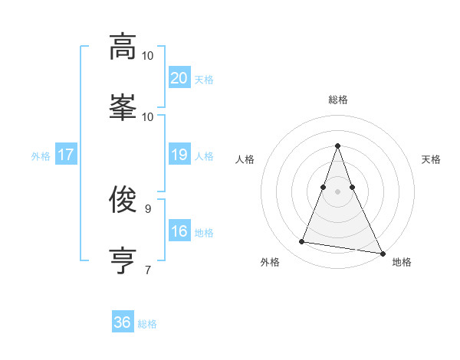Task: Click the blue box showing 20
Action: (179, 77)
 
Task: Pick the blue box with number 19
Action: (179, 155)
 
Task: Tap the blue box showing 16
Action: (179, 231)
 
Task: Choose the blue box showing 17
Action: (65, 155)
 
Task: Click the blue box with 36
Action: (122, 322)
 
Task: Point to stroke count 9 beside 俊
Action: (148, 208)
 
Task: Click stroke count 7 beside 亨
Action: (148, 269)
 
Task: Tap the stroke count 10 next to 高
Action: (148, 55)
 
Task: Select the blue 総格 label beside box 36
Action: (147, 324)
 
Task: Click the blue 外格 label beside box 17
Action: (41, 155)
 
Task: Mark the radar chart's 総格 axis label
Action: (338, 100)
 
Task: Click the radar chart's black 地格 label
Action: (402, 262)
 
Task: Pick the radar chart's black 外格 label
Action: (270, 262)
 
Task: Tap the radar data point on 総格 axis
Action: (338, 146)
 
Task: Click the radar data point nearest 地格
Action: (382, 253)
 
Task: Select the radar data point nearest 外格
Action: (302, 242)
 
